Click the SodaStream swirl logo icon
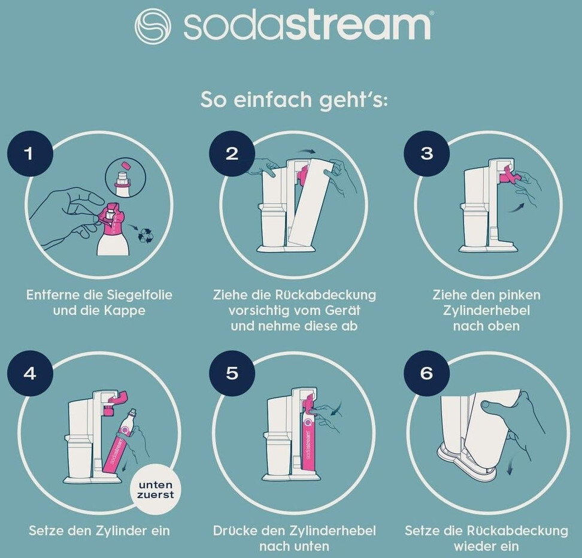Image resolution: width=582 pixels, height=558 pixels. (153, 26)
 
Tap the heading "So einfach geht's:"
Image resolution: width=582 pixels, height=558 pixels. (293, 100)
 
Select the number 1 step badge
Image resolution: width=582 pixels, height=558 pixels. (30, 154)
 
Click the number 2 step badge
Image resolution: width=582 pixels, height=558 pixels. (232, 154)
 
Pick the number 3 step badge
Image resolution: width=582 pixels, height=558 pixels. (427, 154)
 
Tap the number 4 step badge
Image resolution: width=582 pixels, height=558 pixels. (30, 373)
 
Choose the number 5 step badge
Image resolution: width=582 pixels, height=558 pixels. (232, 373)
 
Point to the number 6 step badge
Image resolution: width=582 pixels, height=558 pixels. (427, 373)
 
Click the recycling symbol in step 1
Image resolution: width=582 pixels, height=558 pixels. (146, 235)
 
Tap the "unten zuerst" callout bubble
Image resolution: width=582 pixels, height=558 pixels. (156, 490)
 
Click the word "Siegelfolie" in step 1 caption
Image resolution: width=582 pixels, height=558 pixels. (140, 295)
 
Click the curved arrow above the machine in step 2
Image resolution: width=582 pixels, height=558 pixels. (307, 151)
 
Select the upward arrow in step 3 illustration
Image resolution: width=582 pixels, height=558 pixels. (517, 208)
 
